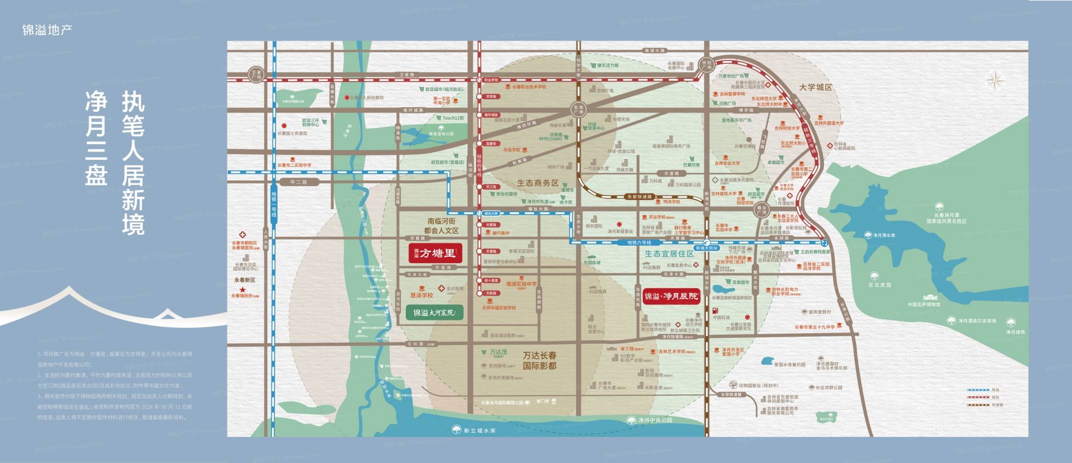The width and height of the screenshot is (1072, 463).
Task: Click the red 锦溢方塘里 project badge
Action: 435,253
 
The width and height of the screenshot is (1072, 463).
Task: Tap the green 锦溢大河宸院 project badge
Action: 434,313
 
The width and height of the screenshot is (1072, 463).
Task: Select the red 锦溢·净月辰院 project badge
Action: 671,296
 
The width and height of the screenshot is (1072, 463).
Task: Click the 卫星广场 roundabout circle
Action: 256,75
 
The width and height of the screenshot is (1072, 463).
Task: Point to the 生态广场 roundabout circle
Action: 578,109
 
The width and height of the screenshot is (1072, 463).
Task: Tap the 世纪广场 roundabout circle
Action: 706,65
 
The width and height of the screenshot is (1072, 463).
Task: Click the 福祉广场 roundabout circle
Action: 761,210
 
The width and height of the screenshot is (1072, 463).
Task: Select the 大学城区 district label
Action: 816,87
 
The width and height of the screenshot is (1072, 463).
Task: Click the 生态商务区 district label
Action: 538,183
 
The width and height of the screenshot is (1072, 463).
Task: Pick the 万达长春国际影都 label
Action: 540,360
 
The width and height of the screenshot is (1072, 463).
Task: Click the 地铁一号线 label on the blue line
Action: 274,204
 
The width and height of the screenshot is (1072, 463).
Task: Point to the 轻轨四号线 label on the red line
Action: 479,165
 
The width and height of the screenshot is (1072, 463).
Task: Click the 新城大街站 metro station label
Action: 707,248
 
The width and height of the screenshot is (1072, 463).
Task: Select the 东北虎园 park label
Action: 880,285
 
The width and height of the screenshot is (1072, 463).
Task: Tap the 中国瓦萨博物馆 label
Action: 924,304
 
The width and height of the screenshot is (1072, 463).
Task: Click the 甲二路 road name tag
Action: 299,182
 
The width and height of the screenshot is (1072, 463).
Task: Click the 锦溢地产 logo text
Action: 47,30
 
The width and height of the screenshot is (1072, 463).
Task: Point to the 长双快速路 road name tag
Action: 731,394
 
